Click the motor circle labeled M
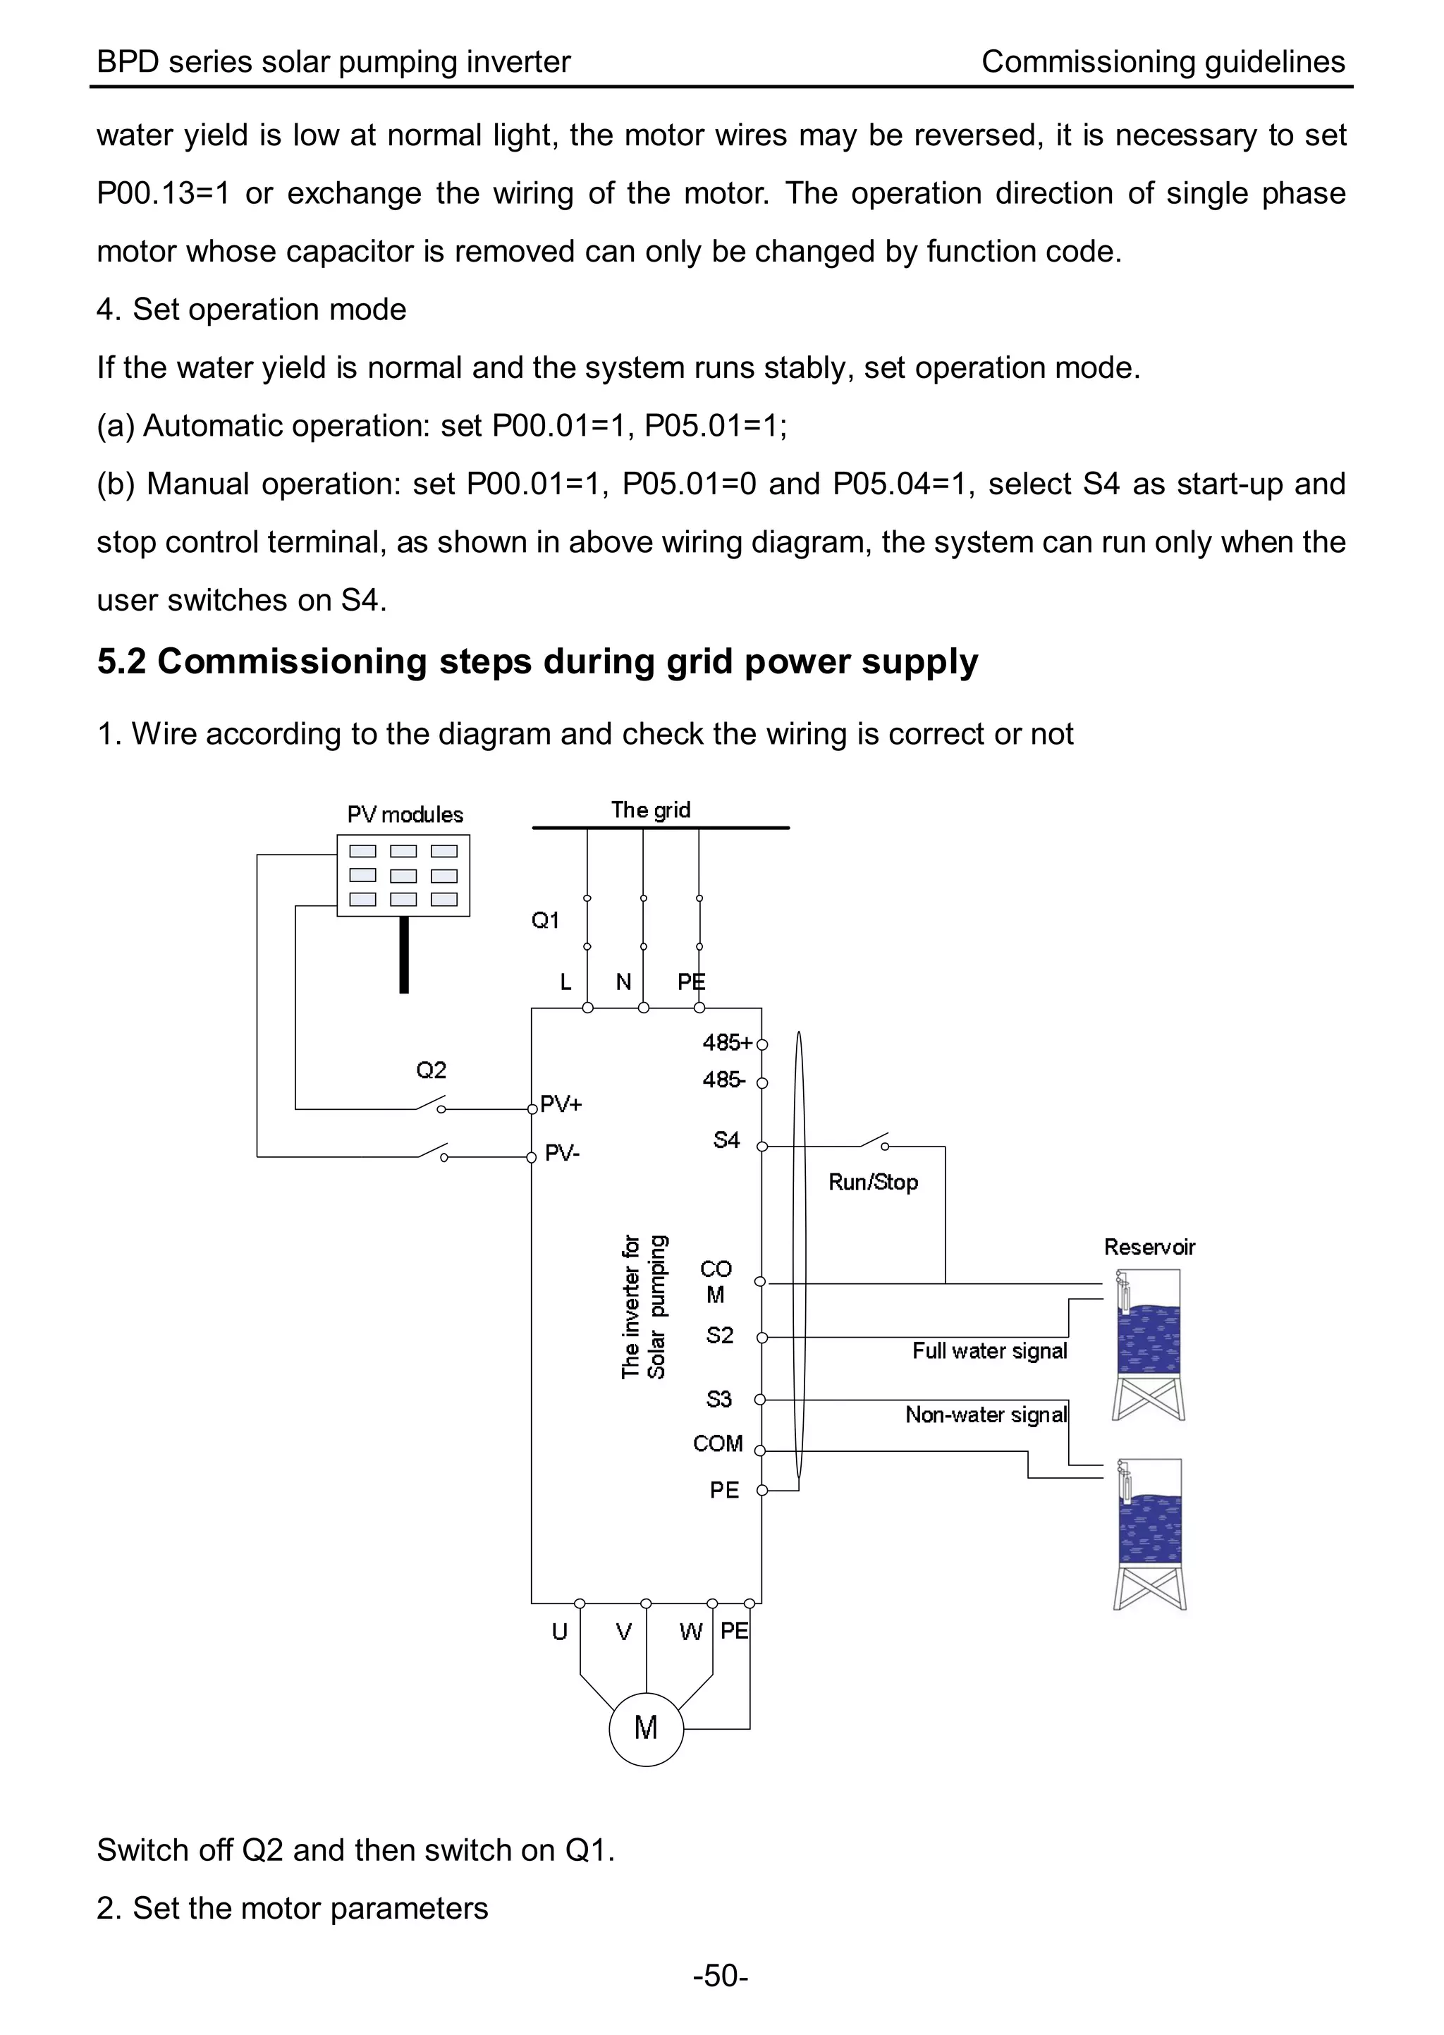[x=646, y=1728]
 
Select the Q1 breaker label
[x=545, y=920]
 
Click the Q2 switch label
[x=432, y=1070]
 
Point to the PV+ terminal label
[x=561, y=1104]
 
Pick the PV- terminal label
[x=562, y=1153]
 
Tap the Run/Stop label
[x=873, y=1182]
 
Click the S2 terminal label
[x=719, y=1336]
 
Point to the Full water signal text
[x=989, y=1350]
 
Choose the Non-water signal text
[x=985, y=1414]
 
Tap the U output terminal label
[x=559, y=1632]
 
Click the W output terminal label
[x=690, y=1632]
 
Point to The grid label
[x=650, y=810]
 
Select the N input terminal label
[x=623, y=982]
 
